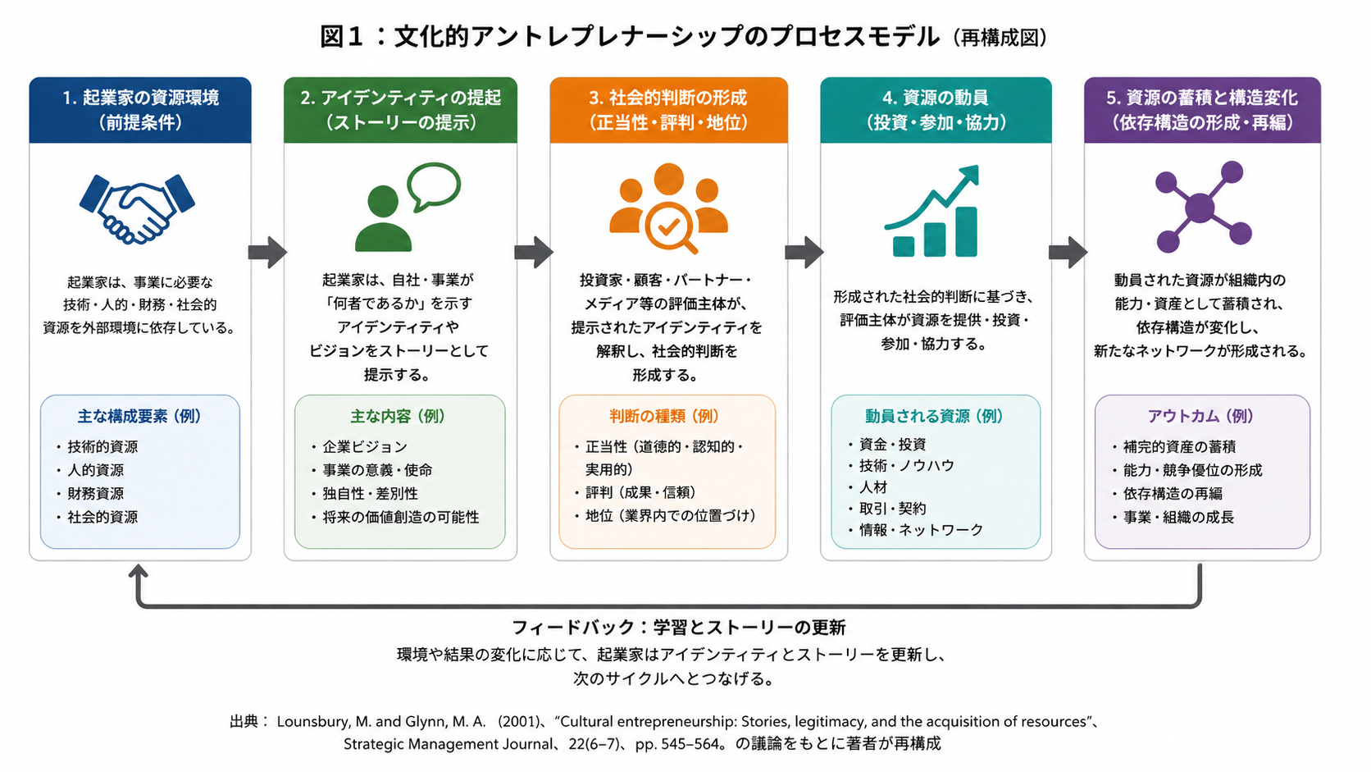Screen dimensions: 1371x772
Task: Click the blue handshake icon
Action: (x=137, y=209)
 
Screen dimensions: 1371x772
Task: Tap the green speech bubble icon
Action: (x=434, y=186)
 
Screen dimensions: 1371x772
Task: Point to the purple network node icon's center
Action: (x=1200, y=208)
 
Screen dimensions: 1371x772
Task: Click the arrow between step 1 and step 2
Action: (x=267, y=252)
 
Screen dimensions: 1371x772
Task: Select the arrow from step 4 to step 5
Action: (x=1068, y=252)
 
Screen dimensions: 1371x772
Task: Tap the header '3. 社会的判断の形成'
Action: (x=668, y=98)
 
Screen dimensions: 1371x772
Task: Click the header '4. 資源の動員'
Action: (x=936, y=98)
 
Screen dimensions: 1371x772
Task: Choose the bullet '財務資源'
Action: (x=95, y=493)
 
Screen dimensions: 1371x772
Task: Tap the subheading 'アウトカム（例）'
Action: (x=1200, y=416)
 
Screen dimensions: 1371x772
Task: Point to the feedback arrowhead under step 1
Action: (x=139, y=570)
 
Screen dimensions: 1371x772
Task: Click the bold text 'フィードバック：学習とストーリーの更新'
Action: (x=679, y=628)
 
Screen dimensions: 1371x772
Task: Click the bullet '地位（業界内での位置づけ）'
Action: (x=671, y=516)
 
